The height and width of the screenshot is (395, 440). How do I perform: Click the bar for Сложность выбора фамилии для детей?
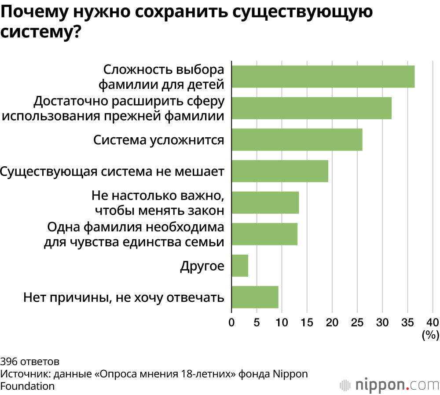point(323,77)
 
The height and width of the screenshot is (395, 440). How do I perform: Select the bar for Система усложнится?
point(297,139)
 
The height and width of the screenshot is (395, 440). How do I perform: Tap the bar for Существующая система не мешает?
point(280,171)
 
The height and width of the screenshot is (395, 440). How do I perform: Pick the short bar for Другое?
point(240,266)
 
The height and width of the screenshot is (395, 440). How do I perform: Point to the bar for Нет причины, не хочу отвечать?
point(255,297)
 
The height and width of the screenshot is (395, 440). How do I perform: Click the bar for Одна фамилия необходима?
point(264,234)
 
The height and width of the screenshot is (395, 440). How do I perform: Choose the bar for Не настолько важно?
point(265,202)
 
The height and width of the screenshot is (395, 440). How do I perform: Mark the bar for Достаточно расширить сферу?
point(312,108)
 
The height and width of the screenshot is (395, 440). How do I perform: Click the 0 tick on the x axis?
point(231,322)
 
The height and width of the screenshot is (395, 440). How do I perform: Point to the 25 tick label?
point(357,322)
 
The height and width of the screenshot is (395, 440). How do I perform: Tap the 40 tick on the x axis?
point(433,322)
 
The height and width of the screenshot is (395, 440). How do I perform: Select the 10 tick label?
point(282,322)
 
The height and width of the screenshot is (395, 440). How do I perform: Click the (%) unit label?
point(430,336)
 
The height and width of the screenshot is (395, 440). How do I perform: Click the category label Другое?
point(202,266)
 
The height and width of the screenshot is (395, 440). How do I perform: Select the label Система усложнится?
point(159,140)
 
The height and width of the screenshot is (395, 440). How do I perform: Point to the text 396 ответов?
point(29,362)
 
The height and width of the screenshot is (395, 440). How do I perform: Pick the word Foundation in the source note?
point(27,386)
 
